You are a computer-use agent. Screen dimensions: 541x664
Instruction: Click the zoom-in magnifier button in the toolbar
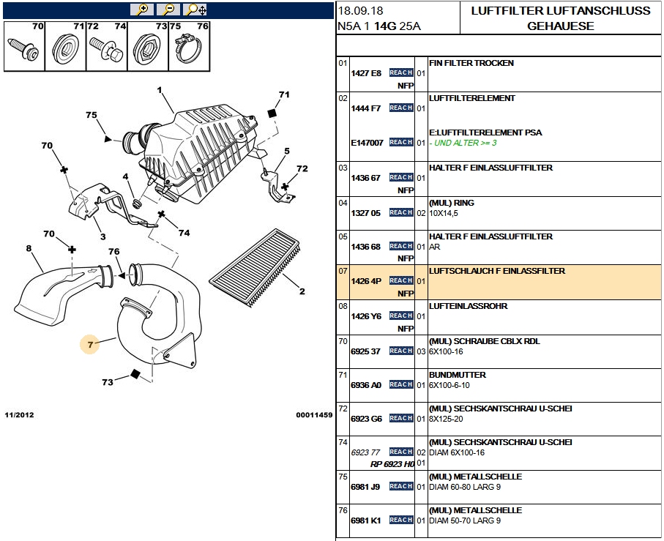[x=141, y=10]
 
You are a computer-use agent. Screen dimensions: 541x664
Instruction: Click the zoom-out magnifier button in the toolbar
[x=168, y=10]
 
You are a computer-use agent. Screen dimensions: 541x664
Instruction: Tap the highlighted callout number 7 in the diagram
[x=90, y=344]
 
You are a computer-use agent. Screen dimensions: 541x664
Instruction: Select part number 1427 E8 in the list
[x=366, y=73]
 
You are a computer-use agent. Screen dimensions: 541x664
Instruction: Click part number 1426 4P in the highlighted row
[x=366, y=281]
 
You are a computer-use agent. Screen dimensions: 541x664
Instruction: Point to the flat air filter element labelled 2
[x=256, y=267]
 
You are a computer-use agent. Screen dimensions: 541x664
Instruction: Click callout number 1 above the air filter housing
[x=160, y=91]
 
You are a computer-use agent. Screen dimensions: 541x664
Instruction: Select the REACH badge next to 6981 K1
[x=401, y=521]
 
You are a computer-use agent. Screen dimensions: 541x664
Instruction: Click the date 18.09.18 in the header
[x=360, y=11]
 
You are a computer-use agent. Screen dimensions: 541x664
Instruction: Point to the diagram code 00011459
[x=314, y=415]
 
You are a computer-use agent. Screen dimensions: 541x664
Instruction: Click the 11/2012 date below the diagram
[x=19, y=415]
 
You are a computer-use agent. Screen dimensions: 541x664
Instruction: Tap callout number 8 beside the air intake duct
[x=29, y=249]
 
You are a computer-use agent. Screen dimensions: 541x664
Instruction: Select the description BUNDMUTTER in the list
[x=457, y=375]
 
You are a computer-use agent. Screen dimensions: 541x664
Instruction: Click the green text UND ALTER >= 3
[x=466, y=143]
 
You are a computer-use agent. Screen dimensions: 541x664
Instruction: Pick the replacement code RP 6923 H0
[x=392, y=464]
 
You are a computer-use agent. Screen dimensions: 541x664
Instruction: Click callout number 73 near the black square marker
[x=108, y=382]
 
